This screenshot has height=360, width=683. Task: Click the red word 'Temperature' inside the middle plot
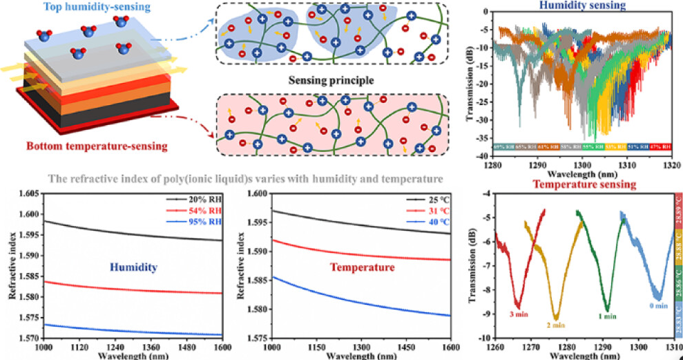[362, 267]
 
